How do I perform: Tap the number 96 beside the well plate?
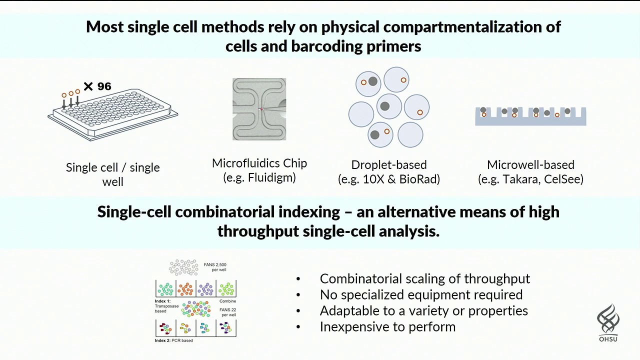click(x=104, y=86)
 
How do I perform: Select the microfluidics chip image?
click(x=259, y=109)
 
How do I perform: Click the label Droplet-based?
click(x=388, y=165)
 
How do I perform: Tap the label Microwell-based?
click(x=530, y=165)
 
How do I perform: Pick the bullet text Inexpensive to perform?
click(x=387, y=327)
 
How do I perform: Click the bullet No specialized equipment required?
click(x=421, y=294)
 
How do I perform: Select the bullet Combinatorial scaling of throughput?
click(x=424, y=278)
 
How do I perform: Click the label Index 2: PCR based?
click(x=173, y=340)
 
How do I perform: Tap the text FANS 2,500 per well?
click(x=215, y=267)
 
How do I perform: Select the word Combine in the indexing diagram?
click(x=227, y=301)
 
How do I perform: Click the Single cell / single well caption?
click(x=113, y=174)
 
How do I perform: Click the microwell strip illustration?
click(x=530, y=116)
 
